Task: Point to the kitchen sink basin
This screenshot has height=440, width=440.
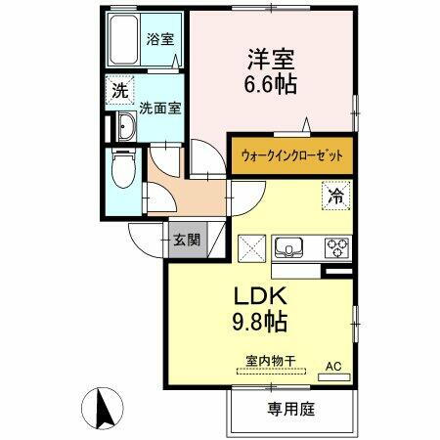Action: point(290,245)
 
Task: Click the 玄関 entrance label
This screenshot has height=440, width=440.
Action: point(186,239)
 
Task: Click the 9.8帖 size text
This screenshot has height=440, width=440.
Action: point(259,320)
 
